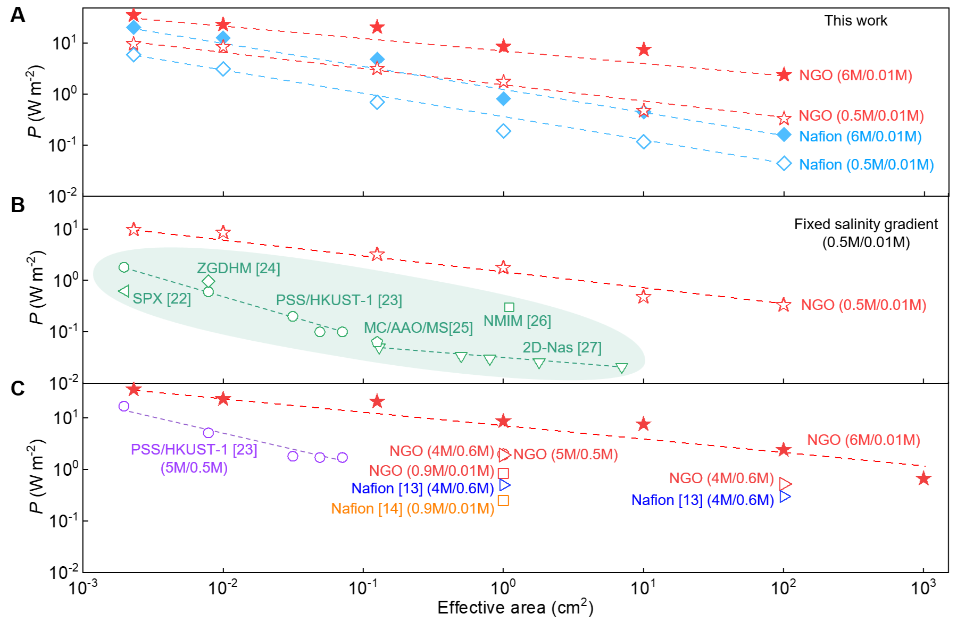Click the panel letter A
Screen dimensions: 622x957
pyautogui.click(x=18, y=15)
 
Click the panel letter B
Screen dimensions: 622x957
pyautogui.click(x=18, y=205)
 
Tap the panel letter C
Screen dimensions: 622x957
pyautogui.click(x=18, y=388)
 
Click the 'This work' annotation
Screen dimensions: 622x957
pyautogui.click(x=855, y=21)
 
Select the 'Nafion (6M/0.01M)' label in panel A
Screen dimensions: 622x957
pyautogui.click(x=860, y=137)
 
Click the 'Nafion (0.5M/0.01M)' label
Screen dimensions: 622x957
pyautogui.click(x=866, y=165)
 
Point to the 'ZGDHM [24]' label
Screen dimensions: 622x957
pyautogui.click(x=238, y=268)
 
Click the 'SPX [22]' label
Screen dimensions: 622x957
pyautogui.click(x=162, y=299)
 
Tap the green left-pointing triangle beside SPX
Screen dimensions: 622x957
pyautogui.click(x=124, y=291)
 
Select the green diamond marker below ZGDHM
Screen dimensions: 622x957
pyautogui.click(x=209, y=281)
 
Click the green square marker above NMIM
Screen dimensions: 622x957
pyautogui.click(x=509, y=307)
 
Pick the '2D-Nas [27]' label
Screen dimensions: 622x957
pyautogui.click(x=562, y=348)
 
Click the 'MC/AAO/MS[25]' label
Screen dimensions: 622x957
pyautogui.click(x=418, y=327)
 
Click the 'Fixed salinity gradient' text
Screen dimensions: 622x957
pyautogui.click(x=866, y=224)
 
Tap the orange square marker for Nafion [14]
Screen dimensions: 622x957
pyautogui.click(x=503, y=500)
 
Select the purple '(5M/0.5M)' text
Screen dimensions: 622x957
pyautogui.click(x=194, y=468)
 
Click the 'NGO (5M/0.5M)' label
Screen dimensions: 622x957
pyautogui.click(x=565, y=455)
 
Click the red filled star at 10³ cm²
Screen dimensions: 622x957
pyautogui.click(x=923, y=478)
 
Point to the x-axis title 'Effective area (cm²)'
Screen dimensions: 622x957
pyautogui.click(x=515, y=607)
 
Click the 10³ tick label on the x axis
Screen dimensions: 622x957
pyautogui.click(x=923, y=588)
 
